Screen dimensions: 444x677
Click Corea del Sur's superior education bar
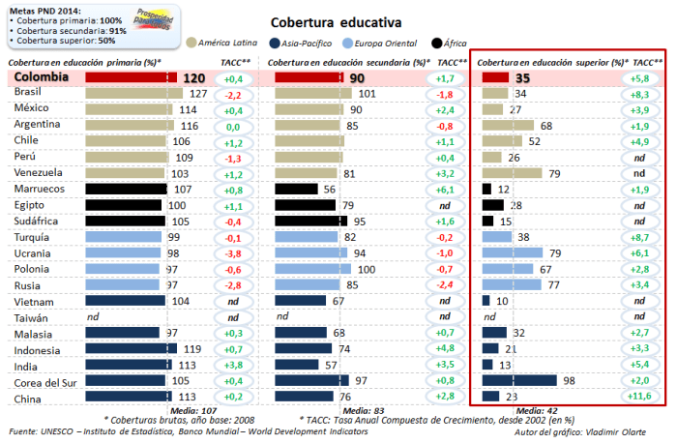(519, 380)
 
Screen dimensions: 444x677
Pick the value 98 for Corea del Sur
(569, 380)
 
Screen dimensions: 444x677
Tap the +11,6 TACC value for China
(641, 397)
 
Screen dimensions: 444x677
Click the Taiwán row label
(32, 316)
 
